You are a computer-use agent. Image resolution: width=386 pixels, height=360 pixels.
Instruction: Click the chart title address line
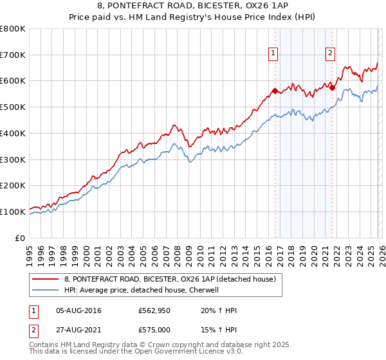193,6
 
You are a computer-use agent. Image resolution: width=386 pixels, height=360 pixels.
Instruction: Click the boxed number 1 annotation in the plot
273,53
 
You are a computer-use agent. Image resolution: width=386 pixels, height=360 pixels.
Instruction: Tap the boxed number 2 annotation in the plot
330,53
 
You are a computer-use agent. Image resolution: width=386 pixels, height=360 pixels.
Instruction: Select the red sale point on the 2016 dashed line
275,91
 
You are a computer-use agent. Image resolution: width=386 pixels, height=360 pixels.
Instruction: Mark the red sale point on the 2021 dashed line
333,87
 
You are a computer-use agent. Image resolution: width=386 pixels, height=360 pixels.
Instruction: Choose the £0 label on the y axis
21,238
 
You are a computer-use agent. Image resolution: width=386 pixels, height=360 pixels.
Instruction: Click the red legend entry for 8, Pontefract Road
170,279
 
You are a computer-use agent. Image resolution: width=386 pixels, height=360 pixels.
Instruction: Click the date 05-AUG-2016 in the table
79,310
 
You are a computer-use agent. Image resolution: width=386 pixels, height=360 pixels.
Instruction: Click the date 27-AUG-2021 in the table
79,329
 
